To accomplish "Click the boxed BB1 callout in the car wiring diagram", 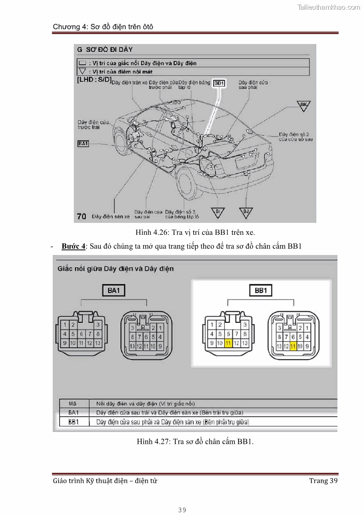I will click(x=219, y=83).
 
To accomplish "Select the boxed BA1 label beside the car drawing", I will click(x=83, y=144).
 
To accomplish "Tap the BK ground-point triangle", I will click(x=303, y=105).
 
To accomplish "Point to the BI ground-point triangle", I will click(x=218, y=211).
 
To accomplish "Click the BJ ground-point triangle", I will click(x=246, y=211).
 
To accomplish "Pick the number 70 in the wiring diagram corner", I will click(x=82, y=216).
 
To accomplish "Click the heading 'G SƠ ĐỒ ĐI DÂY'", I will click(x=105, y=49).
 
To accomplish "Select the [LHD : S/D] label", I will click(x=94, y=79).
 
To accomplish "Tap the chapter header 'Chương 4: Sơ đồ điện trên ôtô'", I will click(x=103, y=27).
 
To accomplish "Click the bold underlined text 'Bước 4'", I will click(x=73, y=246).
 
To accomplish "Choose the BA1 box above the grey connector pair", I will click(x=113, y=290).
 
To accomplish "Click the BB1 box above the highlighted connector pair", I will click(x=260, y=290).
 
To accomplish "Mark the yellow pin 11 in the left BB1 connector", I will click(x=228, y=343).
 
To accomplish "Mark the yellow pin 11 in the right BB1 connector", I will click(x=293, y=346).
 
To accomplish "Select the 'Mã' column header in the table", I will click(x=72, y=404).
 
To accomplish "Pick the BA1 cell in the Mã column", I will click(x=73, y=412).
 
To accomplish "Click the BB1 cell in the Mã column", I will click(x=73, y=421).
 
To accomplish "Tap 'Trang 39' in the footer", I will click(x=323, y=481).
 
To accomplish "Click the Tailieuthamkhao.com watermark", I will click(x=329, y=7).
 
